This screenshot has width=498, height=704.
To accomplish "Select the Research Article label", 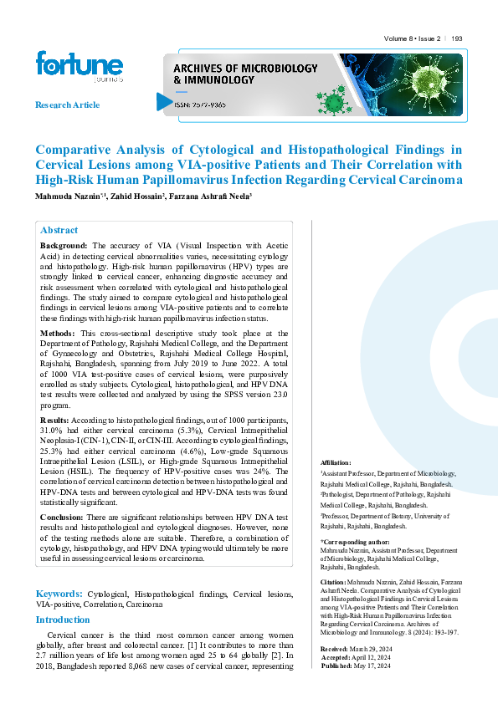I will pos(67,105).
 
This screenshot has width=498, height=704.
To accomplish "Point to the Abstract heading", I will pos(59,230).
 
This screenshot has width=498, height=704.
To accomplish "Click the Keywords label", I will pos(58,593).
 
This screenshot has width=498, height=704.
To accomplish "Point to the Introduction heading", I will pos(62,620).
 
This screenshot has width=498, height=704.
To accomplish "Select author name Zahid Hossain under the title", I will pos(138,196).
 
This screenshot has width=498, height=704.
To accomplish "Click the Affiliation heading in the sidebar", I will pos(336,462).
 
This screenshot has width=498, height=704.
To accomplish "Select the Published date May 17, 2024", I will pos(372,665).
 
